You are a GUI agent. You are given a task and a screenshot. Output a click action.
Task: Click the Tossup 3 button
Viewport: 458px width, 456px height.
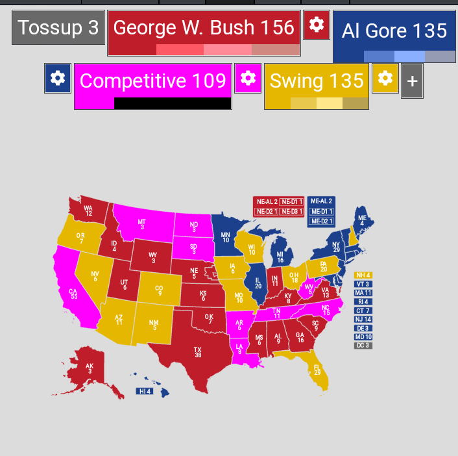58,28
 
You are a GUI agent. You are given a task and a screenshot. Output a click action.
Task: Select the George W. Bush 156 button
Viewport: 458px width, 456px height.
204,28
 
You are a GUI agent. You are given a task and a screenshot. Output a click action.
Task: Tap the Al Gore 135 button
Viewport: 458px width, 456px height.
394,31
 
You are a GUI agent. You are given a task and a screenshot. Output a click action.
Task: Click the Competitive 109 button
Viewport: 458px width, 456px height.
152,81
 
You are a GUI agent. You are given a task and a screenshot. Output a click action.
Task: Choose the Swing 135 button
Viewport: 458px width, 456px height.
317,81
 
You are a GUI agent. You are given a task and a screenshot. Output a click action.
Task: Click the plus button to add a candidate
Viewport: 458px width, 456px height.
412,82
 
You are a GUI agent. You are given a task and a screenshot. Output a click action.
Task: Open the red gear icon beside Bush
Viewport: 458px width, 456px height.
316,25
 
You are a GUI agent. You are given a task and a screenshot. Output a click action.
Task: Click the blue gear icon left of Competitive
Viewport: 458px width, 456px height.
58,79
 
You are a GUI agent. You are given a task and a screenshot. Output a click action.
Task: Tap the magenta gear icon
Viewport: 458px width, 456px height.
247,79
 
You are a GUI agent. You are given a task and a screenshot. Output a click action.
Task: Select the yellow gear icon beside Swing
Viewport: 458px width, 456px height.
385,79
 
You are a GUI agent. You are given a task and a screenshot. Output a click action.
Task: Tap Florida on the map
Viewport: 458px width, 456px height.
317,370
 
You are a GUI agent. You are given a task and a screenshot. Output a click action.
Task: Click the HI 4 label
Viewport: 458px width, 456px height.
145,391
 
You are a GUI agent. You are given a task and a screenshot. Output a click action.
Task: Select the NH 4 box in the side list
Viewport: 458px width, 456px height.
363,275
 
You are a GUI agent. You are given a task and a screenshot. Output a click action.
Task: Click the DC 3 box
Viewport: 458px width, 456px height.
363,346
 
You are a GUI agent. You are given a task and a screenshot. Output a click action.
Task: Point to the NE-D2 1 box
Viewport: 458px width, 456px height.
266,211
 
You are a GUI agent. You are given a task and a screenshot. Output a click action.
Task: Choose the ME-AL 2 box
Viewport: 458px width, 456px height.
321,201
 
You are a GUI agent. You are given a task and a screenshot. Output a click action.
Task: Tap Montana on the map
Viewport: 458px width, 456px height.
143,224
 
